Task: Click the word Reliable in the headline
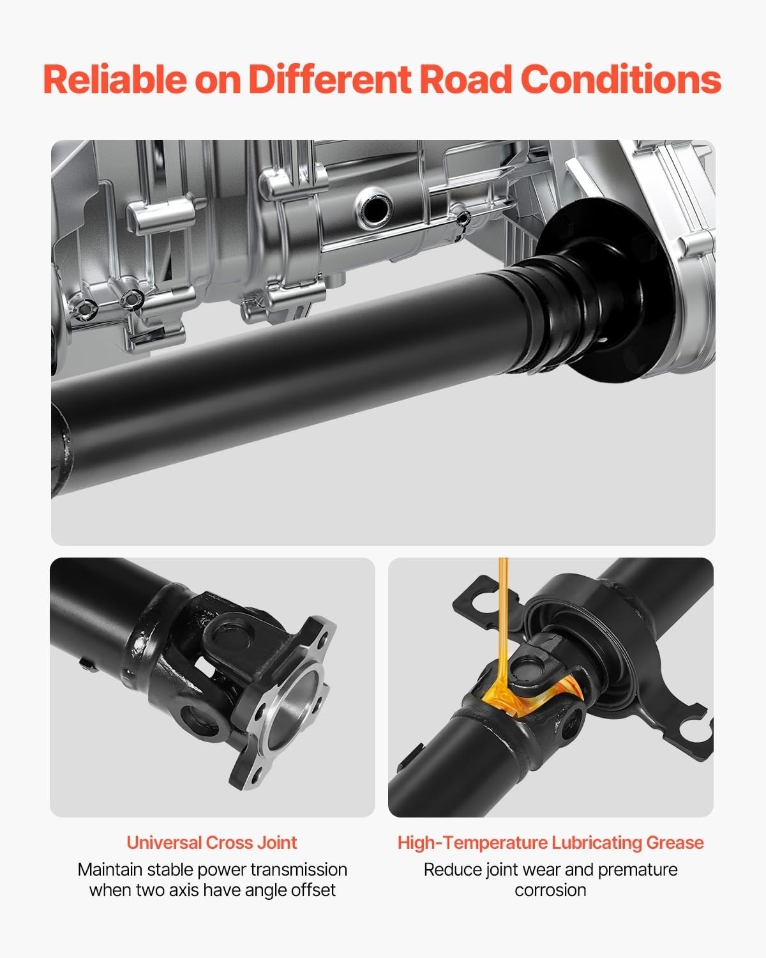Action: point(115,79)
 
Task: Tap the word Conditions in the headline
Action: point(620,79)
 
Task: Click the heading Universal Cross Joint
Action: point(212,842)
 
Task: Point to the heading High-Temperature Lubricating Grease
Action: point(551,842)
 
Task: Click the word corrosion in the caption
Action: point(551,890)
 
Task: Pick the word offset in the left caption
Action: point(313,890)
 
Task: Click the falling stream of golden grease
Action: point(503,623)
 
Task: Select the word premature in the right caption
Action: point(637,870)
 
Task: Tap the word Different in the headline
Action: point(330,79)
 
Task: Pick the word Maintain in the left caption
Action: point(110,869)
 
